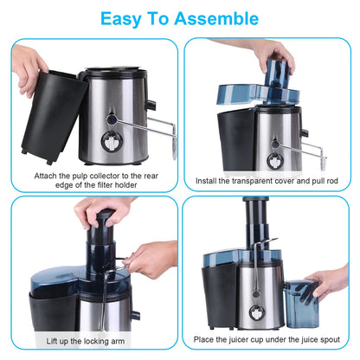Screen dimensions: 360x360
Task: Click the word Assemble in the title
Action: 215,18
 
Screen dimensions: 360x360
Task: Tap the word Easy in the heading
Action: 124,18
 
